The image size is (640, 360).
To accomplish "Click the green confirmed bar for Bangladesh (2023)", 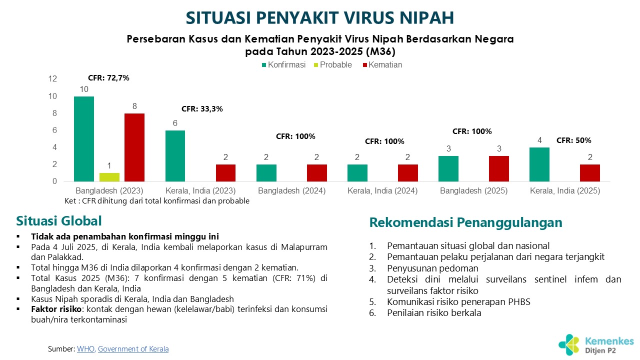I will [x=84, y=139].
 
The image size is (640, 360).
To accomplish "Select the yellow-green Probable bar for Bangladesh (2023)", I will [x=109, y=177].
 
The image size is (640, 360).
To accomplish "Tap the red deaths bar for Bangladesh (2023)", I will [x=134, y=147].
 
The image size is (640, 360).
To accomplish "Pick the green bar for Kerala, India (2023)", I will [x=175, y=156].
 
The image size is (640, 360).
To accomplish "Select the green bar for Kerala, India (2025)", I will [x=539, y=164].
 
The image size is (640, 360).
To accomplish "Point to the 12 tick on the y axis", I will [x=53, y=79].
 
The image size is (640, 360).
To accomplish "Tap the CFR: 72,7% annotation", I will [x=108, y=78].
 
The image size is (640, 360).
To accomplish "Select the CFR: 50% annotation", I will [x=573, y=140].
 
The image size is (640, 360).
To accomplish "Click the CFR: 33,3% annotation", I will [x=202, y=108].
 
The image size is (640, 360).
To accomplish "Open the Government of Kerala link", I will [x=133, y=349].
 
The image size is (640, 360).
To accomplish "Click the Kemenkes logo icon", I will [x=569, y=344].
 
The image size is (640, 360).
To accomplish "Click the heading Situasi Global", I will [x=59, y=221].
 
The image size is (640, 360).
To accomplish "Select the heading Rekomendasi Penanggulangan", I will [x=465, y=222].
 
